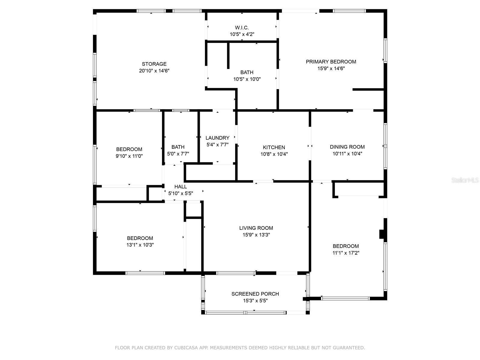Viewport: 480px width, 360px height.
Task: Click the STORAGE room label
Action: [154, 64]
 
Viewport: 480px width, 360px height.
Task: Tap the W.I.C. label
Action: [242, 28]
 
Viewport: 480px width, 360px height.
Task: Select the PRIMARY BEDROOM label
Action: [331, 62]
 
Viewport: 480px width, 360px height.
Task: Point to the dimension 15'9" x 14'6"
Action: [331, 69]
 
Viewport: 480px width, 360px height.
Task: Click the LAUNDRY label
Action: [217, 138]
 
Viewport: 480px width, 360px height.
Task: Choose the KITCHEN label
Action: [274, 147]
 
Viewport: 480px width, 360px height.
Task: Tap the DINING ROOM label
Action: [347, 147]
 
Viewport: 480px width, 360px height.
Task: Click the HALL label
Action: [181, 187]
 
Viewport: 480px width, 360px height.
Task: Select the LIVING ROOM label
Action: [256, 228]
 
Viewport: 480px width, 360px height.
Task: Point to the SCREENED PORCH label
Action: [255, 294]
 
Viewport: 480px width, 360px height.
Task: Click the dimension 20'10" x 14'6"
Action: [154, 71]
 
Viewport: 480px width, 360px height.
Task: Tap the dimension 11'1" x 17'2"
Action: [346, 253]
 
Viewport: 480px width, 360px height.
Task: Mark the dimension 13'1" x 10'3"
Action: [140, 245]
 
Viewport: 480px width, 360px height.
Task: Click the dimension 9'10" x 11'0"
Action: [129, 156]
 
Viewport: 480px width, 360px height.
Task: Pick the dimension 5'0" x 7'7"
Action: [178, 154]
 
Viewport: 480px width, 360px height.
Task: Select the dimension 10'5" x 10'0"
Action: [247, 79]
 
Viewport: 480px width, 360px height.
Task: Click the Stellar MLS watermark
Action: [465, 180]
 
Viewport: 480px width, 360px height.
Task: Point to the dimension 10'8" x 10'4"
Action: [274, 154]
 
